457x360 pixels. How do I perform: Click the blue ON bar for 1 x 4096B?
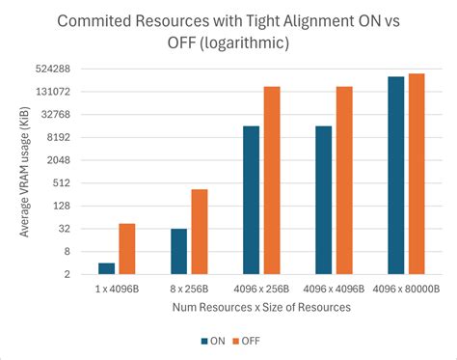(x=107, y=268)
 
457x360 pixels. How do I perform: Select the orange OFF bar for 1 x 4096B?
(x=127, y=249)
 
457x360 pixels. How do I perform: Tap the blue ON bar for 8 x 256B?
(x=179, y=251)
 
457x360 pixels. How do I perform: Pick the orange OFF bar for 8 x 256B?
(x=200, y=232)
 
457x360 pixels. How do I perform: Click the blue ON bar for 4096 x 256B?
(x=252, y=200)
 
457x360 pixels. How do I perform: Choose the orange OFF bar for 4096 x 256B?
(x=272, y=180)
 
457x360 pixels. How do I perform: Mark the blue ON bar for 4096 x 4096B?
(x=324, y=200)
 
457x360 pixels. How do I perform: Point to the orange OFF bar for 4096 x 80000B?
(x=417, y=174)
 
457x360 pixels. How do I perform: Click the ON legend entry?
(x=213, y=340)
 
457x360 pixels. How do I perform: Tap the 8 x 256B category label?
(x=189, y=289)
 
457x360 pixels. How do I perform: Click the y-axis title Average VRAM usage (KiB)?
(x=25, y=172)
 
